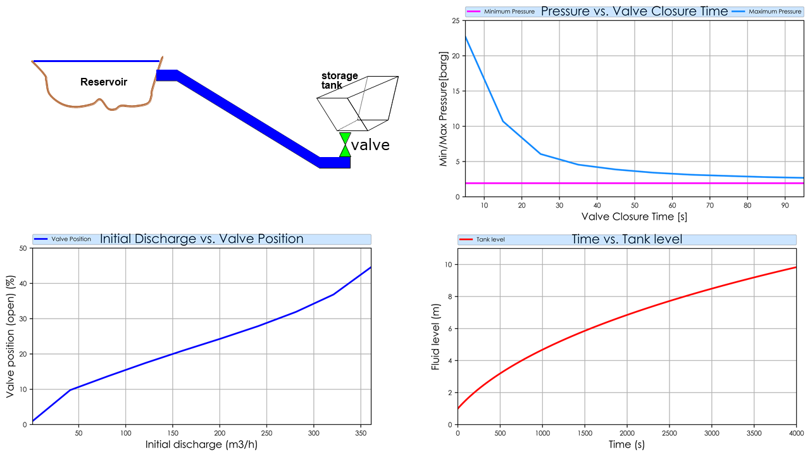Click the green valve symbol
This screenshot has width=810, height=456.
[345, 144]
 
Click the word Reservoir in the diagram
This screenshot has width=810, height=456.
[104, 82]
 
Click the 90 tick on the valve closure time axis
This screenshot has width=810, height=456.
[785, 205]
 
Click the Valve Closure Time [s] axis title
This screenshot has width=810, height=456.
[634, 217]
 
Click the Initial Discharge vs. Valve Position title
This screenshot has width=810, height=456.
[201, 239]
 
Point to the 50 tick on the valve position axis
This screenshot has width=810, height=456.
[23, 248]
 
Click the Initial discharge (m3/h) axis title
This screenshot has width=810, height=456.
[201, 445]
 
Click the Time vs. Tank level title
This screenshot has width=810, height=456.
[626, 239]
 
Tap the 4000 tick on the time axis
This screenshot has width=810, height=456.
[795, 433]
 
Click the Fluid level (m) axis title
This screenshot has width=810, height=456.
[435, 337]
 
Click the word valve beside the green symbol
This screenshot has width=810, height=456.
[370, 145]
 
